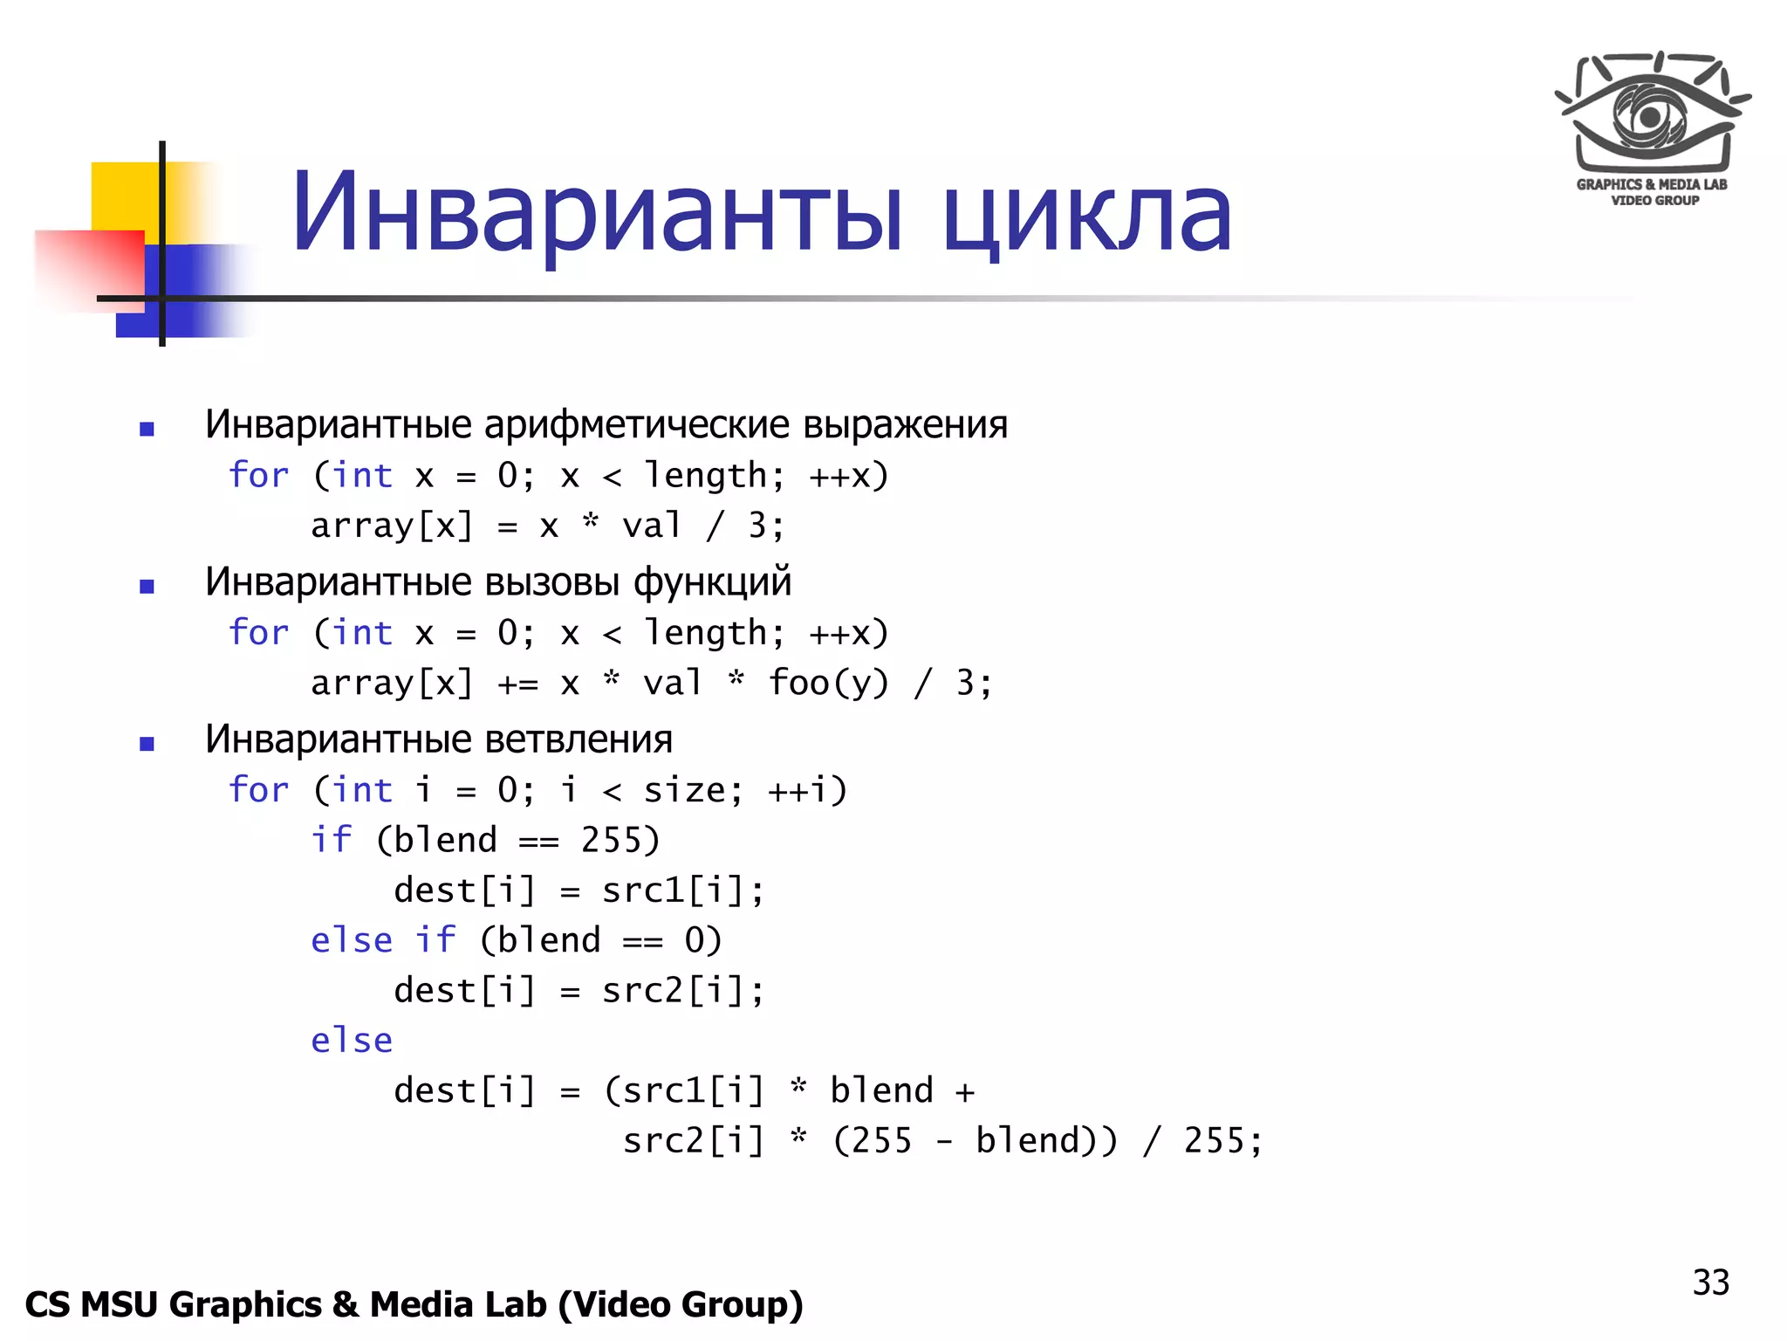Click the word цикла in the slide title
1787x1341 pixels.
coord(1087,213)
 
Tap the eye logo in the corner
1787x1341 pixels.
coord(1651,113)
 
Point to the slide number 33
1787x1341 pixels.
coord(1710,1283)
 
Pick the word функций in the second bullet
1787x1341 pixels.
coord(712,582)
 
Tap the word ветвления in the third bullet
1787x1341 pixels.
coord(578,739)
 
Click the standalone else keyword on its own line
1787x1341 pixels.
coord(352,1041)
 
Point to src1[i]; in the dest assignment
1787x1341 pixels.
coord(682,891)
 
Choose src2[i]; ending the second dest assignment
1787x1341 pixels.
coord(682,991)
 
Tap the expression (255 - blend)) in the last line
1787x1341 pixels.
coord(975,1141)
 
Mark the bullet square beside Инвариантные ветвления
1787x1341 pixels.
coord(147,744)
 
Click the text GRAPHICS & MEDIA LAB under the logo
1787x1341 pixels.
coord(1651,184)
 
